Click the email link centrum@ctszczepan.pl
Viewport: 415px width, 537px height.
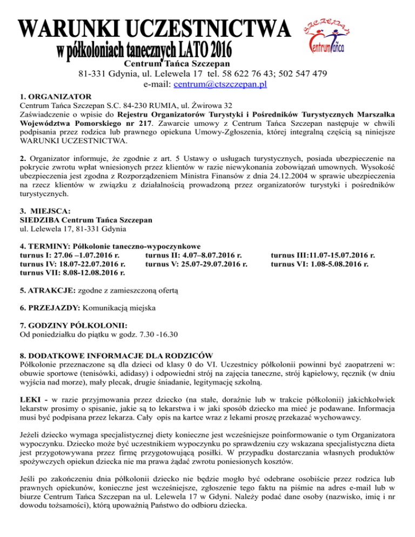tap(219, 85)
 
